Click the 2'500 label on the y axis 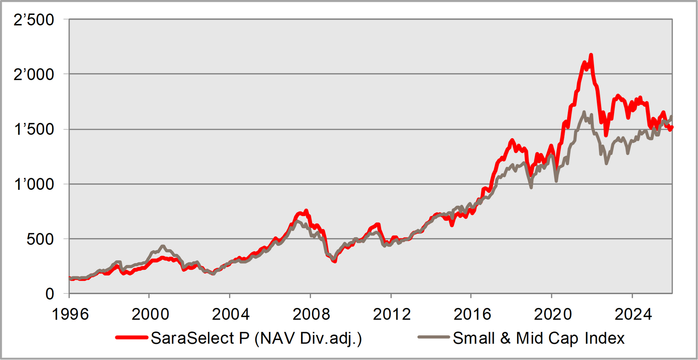click(34, 20)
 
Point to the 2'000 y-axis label click(34, 75)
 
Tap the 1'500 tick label click(34, 129)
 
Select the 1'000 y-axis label click(34, 184)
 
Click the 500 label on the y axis click(40, 239)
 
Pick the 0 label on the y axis click(49, 294)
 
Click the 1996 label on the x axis click(70, 314)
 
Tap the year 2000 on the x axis click(150, 314)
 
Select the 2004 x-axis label click(231, 314)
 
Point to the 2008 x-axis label click(311, 314)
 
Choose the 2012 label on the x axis click(392, 314)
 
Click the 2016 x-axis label click(472, 314)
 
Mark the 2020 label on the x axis click(553, 314)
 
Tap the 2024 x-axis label click(633, 314)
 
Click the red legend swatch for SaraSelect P click(132, 337)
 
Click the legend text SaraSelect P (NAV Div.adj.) click(256, 338)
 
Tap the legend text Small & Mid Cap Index click(538, 338)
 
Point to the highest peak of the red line click(591, 55)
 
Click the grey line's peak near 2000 click(163, 246)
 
